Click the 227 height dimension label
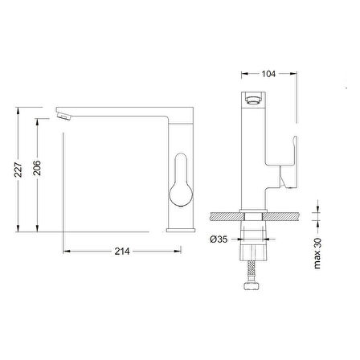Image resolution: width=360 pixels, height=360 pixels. coord(18,170)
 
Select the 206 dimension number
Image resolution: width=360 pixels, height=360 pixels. coord(37,168)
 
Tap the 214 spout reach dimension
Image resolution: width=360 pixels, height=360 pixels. coord(122,252)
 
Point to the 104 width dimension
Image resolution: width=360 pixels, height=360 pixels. coord(268,74)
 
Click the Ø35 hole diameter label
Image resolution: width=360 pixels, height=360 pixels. coord(219,239)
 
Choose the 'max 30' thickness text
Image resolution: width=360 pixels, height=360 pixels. coord(317,253)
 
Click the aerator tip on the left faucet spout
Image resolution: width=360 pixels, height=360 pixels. coord(64,117)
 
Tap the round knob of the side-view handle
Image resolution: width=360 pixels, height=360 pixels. coord(181,195)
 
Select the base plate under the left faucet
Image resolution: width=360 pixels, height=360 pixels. coord(181,231)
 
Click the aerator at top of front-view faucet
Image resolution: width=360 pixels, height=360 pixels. coord(253,100)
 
